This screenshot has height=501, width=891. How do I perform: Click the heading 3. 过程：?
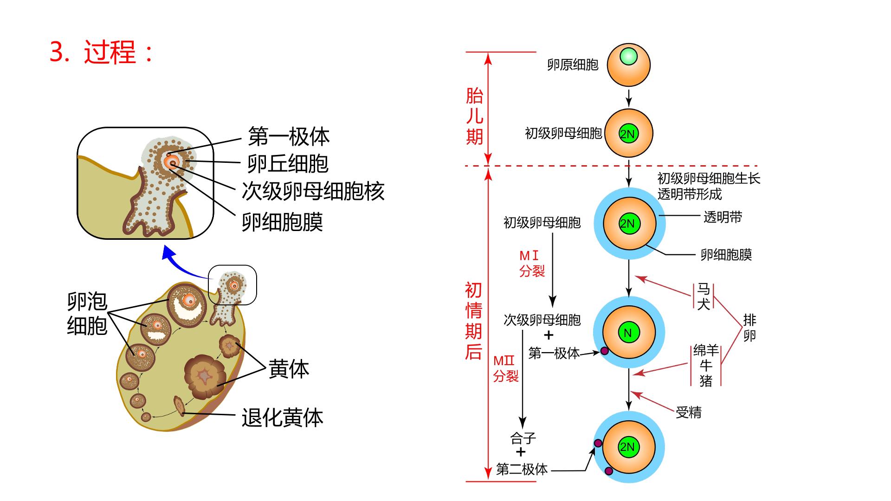tap(102, 52)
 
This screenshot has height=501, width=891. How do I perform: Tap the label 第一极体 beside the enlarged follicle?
tap(289, 136)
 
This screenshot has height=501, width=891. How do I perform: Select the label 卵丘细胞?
tap(288, 163)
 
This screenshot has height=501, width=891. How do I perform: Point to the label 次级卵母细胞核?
tap(313, 191)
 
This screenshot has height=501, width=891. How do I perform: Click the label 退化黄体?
tap(282, 417)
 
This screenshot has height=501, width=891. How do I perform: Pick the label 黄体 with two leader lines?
tap(289, 369)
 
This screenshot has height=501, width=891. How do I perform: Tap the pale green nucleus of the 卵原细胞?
tap(628, 57)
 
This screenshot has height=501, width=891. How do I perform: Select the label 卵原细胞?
tap(573, 64)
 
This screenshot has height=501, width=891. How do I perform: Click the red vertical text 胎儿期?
tap(474, 116)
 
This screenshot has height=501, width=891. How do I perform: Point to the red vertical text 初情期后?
tap(473, 321)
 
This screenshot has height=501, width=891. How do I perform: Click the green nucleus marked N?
tap(628, 333)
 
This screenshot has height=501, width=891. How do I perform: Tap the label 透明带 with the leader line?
tap(723, 217)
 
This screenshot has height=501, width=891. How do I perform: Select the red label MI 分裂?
tap(531, 263)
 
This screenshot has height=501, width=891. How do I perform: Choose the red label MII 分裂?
tap(505, 368)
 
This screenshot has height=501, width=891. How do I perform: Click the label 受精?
tap(688, 412)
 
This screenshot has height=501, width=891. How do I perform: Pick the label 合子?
tap(523, 437)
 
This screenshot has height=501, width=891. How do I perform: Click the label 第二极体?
tap(522, 469)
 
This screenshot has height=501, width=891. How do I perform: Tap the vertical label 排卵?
tap(749, 328)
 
